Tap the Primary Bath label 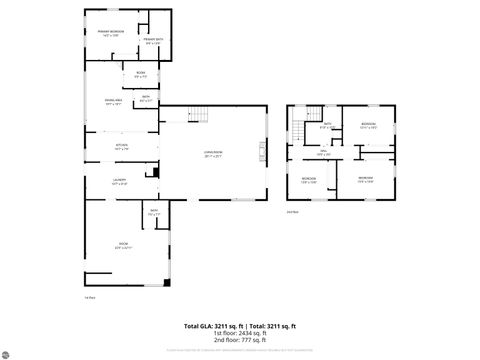pyautogui.click(x=154, y=41)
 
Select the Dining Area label pyautogui.click(x=114, y=101)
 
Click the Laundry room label pyautogui.click(x=119, y=181)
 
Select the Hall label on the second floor pyautogui.click(x=324, y=153)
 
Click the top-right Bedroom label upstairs pyautogui.click(x=368, y=125)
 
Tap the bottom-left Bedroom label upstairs pyautogui.click(x=309, y=179)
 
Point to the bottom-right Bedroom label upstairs pyautogui.click(x=366, y=179)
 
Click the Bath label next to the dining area pyautogui.click(x=146, y=98)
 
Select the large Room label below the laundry pyautogui.click(x=125, y=245)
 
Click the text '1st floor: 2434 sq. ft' pyautogui.click(x=239, y=333)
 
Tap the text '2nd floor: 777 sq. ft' pyautogui.click(x=239, y=340)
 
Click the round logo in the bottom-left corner pyautogui.click(x=6, y=353)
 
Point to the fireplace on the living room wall pyautogui.click(x=262, y=152)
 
